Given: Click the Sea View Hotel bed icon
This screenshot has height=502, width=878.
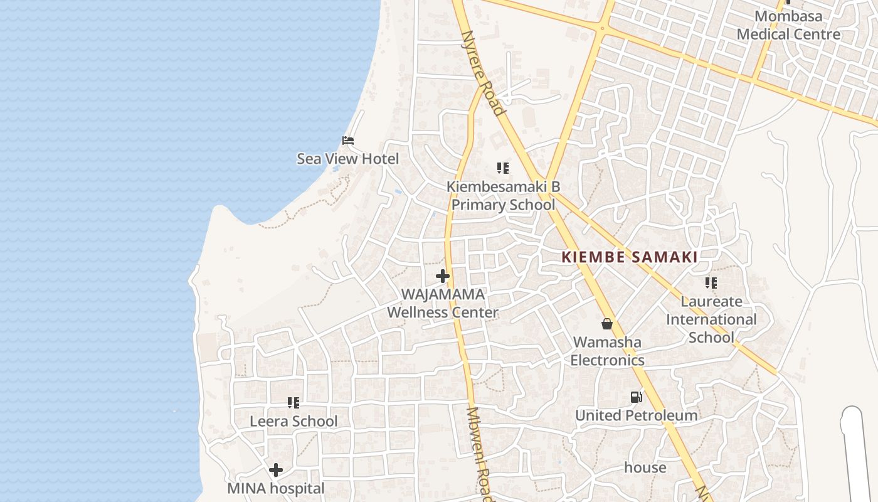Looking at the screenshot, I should [x=348, y=140].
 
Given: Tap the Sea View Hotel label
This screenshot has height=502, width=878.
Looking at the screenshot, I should [x=347, y=159].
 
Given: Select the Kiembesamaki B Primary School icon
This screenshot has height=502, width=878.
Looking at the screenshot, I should [x=503, y=168].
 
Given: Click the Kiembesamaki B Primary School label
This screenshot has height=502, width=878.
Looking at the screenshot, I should [x=503, y=196].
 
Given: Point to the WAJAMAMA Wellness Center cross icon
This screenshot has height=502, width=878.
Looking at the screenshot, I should [x=443, y=276].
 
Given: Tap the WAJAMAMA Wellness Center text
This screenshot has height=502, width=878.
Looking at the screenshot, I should [x=443, y=303].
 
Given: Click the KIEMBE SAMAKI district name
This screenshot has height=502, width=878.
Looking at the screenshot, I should [x=630, y=257].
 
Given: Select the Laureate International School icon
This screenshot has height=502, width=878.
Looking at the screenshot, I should [x=711, y=283].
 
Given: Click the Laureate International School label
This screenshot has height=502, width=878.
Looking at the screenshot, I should [x=711, y=319].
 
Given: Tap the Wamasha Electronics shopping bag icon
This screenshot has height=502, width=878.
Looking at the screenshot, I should [x=607, y=324].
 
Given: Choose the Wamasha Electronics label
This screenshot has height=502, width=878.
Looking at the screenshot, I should [x=607, y=351].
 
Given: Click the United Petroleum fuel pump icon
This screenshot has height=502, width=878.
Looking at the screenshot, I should [x=636, y=397].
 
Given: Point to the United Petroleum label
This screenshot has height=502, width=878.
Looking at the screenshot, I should [x=636, y=415].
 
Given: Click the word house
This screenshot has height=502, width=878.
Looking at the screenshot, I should [x=645, y=467].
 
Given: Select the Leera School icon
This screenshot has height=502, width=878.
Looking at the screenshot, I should [x=294, y=403].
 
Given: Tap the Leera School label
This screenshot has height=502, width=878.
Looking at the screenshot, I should [x=294, y=421].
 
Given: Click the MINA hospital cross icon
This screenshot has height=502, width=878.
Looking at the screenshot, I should [x=276, y=470].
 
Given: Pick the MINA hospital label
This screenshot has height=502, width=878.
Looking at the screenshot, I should [x=276, y=488].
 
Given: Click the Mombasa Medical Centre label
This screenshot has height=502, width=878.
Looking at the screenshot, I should [x=788, y=25].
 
